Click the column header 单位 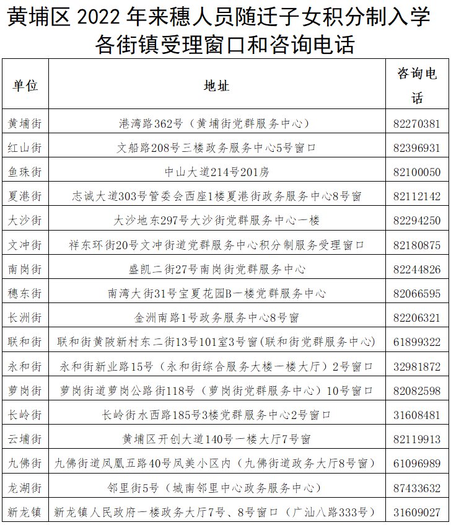25,86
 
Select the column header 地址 217,86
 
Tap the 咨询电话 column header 417,86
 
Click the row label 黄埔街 25,123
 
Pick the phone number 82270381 417,123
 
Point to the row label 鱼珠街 25,172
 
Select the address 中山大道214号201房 217,172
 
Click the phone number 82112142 417,196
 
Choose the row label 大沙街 25,221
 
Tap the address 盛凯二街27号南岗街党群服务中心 217,270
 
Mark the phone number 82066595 417,293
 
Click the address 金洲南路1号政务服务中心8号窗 217,318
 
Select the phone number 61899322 417,342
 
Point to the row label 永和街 25,366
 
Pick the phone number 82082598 417,391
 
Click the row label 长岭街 25,415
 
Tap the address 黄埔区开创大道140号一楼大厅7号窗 217,439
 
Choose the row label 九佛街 25,464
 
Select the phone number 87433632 417,488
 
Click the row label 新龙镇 25,512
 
